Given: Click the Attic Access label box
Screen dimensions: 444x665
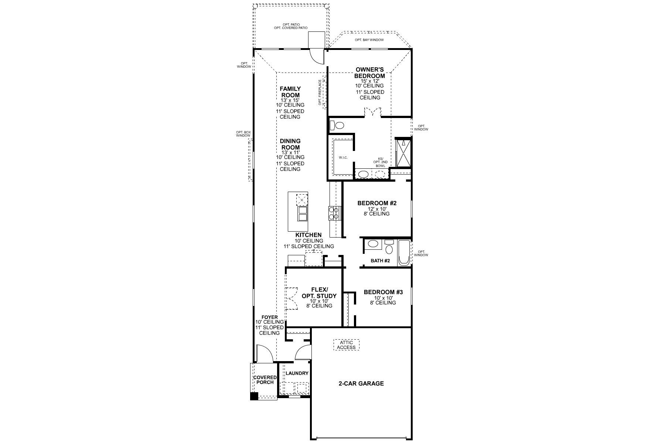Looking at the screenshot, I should tap(347, 345).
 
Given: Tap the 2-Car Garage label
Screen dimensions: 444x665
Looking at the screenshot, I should tap(361, 384).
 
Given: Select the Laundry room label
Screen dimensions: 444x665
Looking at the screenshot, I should tap(297, 373).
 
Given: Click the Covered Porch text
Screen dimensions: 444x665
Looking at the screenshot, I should tap(265, 380).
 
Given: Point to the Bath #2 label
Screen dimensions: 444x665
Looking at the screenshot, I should tap(380, 260).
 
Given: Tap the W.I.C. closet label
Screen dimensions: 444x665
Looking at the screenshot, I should tap(343, 158).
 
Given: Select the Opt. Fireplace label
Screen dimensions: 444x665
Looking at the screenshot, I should tap(320, 92).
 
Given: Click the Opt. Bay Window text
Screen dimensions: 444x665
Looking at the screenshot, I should tap(369, 40).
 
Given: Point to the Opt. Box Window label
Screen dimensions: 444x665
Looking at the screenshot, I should tap(243, 134).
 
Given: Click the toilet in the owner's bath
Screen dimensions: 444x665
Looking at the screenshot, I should tap(337, 125).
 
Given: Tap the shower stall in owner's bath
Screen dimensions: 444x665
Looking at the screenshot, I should tap(403, 153).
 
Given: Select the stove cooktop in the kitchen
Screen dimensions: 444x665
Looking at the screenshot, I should tap(334, 213).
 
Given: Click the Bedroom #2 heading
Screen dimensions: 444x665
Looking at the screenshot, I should tap(376, 203).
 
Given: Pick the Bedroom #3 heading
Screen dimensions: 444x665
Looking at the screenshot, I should tap(383, 292).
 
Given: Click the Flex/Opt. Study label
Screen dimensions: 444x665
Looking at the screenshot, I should tap(319, 293).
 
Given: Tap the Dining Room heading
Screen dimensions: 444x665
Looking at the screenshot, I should tap(290, 144).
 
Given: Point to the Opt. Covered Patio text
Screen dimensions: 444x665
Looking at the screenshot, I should tap(291, 28).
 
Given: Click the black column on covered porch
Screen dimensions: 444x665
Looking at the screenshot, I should tap(254, 396).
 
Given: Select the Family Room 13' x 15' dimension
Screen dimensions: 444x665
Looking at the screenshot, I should tap(290, 100).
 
